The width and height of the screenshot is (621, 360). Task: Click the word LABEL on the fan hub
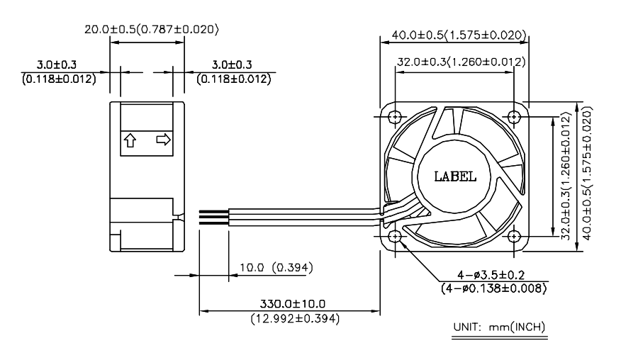point(454,175)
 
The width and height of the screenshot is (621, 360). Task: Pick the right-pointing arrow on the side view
point(162,140)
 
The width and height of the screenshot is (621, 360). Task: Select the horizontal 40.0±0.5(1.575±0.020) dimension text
point(455,34)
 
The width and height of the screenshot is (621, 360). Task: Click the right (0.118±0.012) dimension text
point(234,78)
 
